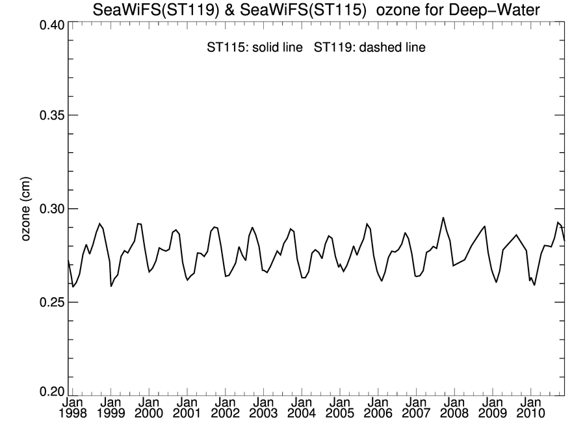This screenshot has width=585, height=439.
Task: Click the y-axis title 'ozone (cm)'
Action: click(27, 209)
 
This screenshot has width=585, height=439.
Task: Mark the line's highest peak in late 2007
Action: click(443, 218)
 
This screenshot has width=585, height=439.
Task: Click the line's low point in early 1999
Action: click(111, 286)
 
